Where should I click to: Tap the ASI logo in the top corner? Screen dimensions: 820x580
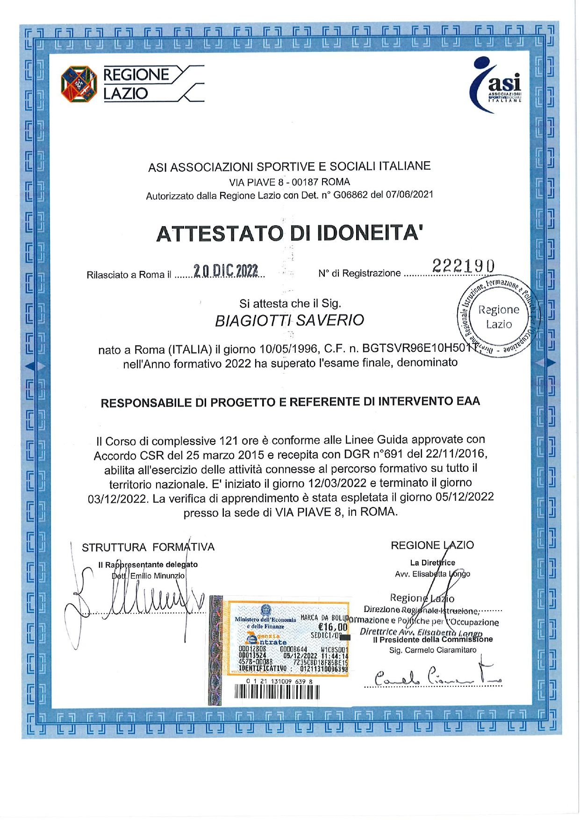click(x=497, y=85)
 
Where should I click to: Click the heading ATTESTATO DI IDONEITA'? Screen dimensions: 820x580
click(x=290, y=233)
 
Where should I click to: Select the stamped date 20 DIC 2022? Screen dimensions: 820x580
click(x=226, y=271)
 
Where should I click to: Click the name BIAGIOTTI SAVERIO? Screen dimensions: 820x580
click(x=289, y=321)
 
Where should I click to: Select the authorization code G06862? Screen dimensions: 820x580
click(x=349, y=194)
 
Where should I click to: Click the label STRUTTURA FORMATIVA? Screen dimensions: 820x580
click(x=148, y=547)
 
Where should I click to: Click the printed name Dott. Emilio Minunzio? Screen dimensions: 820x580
click(x=148, y=576)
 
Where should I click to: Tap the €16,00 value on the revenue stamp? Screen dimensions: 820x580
click(x=332, y=627)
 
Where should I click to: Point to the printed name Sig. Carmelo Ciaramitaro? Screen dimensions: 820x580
click(x=433, y=650)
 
